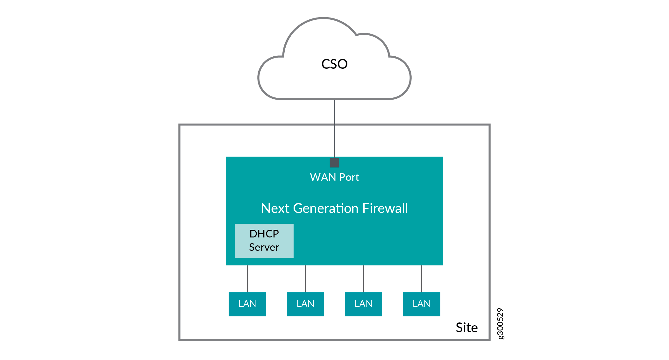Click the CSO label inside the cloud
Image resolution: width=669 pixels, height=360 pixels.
tap(334, 64)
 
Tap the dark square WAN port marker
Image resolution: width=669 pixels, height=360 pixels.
tap(334, 163)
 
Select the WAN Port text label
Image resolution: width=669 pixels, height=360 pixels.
tap(334, 177)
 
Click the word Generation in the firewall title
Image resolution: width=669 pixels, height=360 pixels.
tap(326, 208)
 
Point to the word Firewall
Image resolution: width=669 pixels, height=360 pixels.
tap(385, 208)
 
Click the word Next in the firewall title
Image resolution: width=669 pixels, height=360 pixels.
tap(275, 208)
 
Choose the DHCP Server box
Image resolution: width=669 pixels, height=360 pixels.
tap(264, 241)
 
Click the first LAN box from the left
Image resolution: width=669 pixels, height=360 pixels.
tap(247, 304)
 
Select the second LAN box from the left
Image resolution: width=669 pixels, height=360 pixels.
tap(305, 304)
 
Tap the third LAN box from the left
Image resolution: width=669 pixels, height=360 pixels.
tap(363, 304)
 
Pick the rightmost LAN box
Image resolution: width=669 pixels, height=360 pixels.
tap(422, 304)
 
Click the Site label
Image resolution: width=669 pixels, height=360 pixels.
tap(466, 328)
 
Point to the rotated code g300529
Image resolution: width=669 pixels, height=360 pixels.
tap(500, 323)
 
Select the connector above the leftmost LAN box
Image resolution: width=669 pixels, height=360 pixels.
tap(247, 279)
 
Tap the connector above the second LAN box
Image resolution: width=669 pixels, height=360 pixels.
tap(305, 279)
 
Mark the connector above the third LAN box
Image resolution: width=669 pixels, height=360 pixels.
tap(363, 279)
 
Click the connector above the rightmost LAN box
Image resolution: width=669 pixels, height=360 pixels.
tap(422, 279)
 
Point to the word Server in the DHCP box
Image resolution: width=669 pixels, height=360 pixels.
tap(264, 247)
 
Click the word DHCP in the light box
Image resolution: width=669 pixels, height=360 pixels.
tap(264, 234)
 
